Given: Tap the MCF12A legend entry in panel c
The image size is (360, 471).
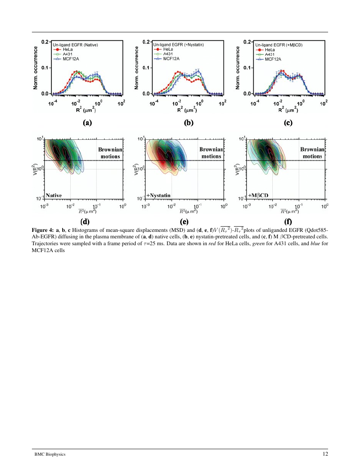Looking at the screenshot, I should coord(273,59).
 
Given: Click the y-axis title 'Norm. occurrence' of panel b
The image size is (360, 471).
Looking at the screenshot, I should coord(137,67).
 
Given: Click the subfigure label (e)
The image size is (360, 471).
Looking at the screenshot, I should coord(188,221).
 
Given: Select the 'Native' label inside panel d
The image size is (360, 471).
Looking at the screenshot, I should coord(54,195).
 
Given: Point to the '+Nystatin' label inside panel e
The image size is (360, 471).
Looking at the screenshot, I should coord(158,195).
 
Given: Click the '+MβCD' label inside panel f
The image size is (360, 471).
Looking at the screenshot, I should coord(258,195).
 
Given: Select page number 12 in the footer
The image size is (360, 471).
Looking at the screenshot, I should coord(325,454).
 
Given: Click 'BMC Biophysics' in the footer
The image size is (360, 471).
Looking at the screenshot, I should coord(50,454).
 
